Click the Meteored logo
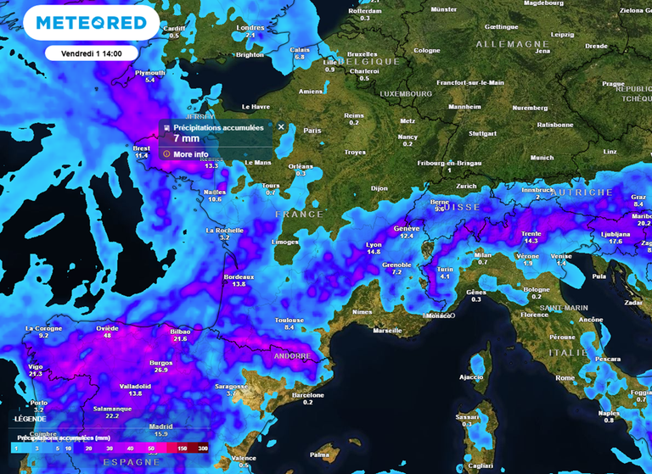91,24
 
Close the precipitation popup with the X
281,127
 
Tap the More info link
190,154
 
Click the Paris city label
313,131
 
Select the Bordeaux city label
239,277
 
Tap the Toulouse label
289,320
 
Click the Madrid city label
160,427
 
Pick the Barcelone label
307,394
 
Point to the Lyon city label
374,244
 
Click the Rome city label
565,377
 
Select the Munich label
541,158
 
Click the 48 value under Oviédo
107,336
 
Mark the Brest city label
142,148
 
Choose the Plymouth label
150,73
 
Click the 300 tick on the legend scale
202,446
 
